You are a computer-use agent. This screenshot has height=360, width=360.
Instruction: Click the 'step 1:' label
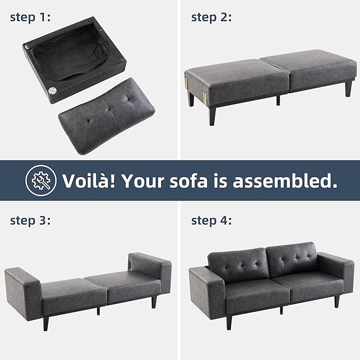pos(30,17)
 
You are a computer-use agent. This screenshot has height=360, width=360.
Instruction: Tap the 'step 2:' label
pos(211,17)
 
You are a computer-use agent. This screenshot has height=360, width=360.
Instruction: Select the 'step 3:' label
pos(30,221)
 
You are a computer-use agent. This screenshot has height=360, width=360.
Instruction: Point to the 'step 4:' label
pos(211,221)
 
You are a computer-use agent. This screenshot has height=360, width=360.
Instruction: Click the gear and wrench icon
pos(41,180)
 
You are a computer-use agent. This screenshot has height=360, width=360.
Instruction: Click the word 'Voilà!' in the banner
pos(89,181)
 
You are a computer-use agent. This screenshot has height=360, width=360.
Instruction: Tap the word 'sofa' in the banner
pos(189,181)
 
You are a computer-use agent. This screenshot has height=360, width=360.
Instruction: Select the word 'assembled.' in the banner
pos(285,181)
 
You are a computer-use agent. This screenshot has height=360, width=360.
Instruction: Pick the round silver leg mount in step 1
pos(52,91)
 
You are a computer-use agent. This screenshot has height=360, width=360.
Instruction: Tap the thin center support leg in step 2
pos(278,100)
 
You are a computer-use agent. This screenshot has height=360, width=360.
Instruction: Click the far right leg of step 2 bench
pos(348,88)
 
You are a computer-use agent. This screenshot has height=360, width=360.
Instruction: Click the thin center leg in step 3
pos(99,311)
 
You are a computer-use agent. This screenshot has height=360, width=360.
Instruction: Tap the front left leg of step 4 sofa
pos(229,322)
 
